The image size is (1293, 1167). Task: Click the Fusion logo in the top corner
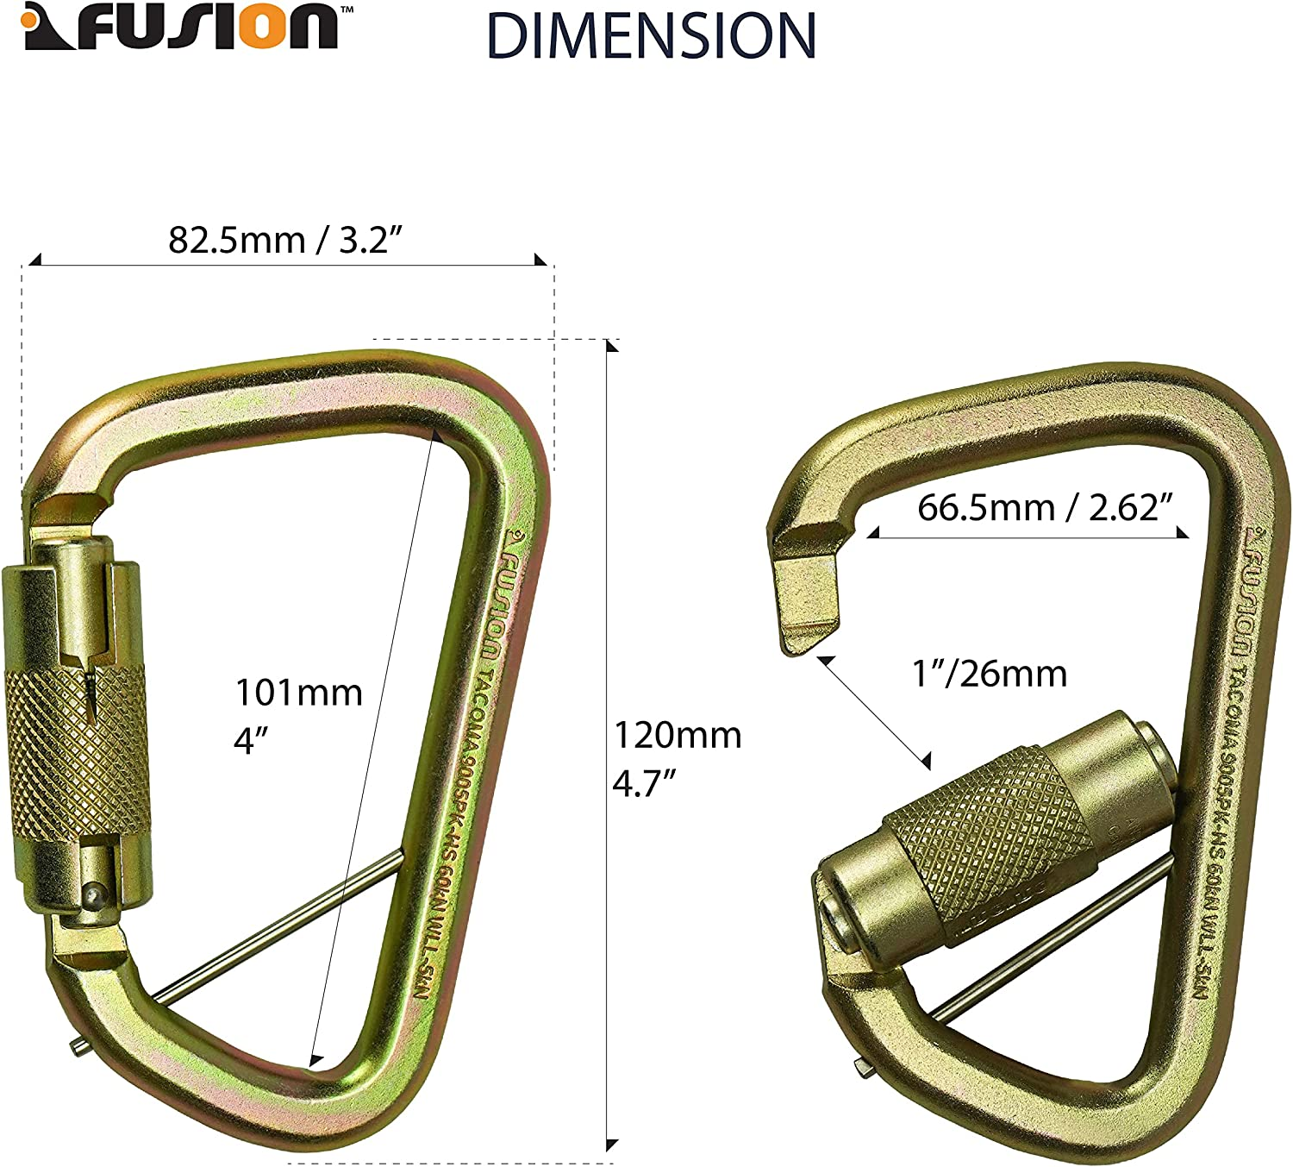click(x=181, y=28)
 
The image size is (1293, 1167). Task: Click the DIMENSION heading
click(x=651, y=36)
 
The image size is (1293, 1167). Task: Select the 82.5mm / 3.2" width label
click(x=285, y=240)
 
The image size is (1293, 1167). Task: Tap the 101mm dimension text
click(x=299, y=693)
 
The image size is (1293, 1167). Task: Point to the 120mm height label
click(x=678, y=736)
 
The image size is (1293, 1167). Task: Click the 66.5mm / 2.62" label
click(x=1045, y=507)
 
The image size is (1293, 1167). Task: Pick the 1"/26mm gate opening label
click(x=990, y=673)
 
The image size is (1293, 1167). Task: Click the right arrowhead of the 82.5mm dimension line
click(x=540, y=260)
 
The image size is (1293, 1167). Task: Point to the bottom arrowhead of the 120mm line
click(x=611, y=1145)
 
